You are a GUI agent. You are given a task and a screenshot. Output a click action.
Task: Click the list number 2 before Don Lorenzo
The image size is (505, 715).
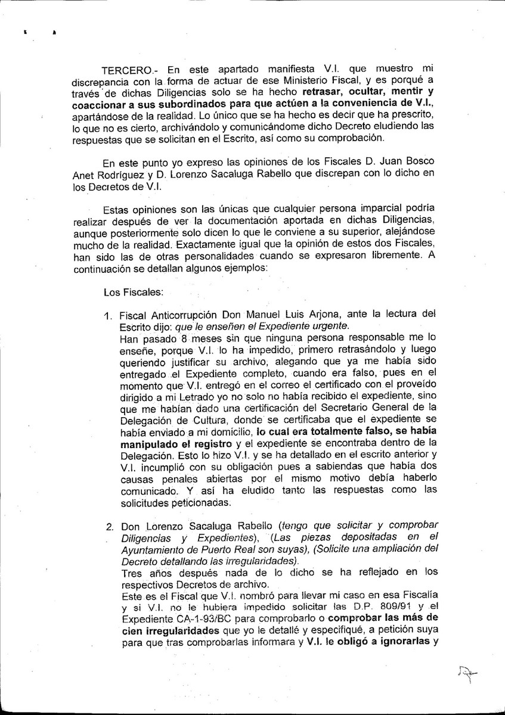[x=110, y=527]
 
